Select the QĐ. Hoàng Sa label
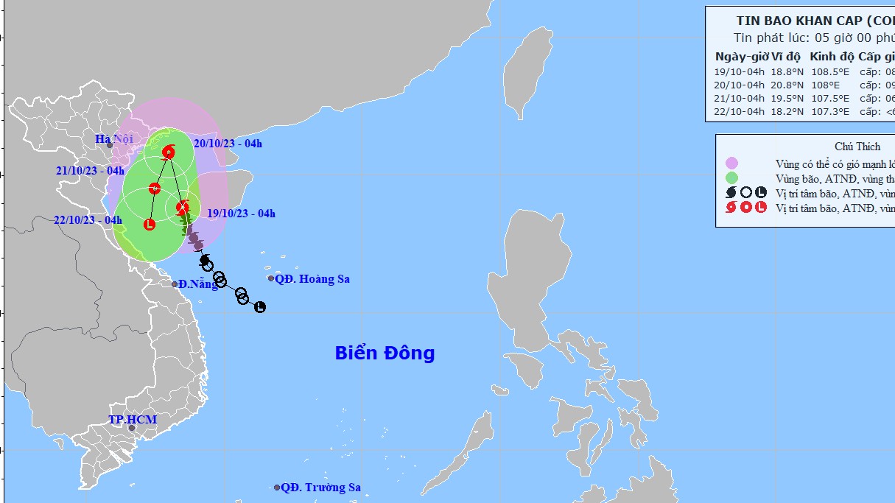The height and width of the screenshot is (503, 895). [313, 278]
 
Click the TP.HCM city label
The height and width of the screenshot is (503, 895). [133, 419]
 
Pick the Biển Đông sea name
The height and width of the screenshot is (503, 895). [385, 353]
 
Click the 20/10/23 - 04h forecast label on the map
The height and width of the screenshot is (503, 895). [228, 144]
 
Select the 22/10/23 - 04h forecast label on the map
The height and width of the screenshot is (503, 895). [88, 219]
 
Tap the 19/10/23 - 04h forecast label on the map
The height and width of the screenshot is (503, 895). [241, 214]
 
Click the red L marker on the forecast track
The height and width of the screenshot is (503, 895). [150, 224]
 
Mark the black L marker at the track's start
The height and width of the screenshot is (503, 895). [260, 307]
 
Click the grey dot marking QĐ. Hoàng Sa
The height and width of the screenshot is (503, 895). [271, 278]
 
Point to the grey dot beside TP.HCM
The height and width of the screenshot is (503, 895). [132, 428]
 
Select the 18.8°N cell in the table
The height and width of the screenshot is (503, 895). [786, 72]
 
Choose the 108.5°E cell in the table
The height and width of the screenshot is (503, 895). [829, 72]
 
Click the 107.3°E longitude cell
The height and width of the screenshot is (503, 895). [829, 112]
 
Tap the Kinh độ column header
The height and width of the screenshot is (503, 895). [832, 57]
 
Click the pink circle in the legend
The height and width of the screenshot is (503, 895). [731, 163]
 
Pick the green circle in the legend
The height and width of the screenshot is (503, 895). [731, 177]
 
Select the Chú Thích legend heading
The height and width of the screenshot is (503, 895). [857, 147]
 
